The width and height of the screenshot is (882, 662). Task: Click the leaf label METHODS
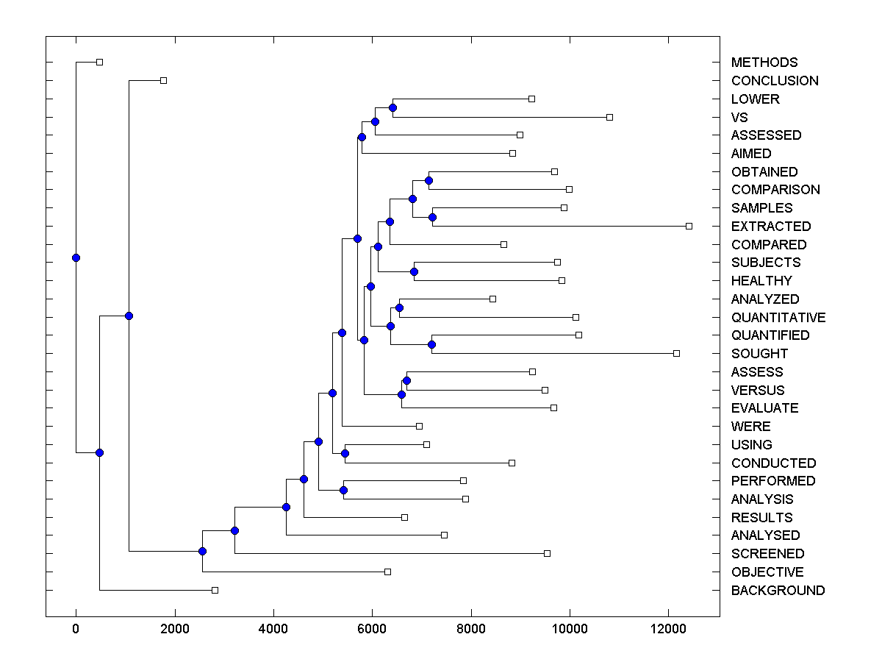click(764, 63)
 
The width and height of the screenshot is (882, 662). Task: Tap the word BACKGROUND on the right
click(778, 591)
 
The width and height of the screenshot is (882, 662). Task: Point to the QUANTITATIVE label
click(778, 318)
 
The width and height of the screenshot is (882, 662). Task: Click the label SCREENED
click(767, 554)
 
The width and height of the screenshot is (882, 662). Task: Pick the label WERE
click(750, 427)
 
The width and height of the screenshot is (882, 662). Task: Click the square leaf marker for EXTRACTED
click(689, 226)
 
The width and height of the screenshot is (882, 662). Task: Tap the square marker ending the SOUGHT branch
click(676, 354)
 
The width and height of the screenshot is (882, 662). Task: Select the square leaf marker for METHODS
click(100, 63)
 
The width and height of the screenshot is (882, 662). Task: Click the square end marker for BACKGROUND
click(215, 590)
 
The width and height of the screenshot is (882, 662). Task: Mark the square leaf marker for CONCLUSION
click(163, 80)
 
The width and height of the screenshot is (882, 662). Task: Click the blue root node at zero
click(76, 257)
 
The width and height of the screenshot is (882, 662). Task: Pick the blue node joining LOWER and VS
click(392, 108)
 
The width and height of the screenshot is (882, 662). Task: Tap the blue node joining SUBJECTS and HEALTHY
click(414, 271)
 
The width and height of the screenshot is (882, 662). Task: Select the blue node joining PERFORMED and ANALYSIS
click(343, 490)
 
